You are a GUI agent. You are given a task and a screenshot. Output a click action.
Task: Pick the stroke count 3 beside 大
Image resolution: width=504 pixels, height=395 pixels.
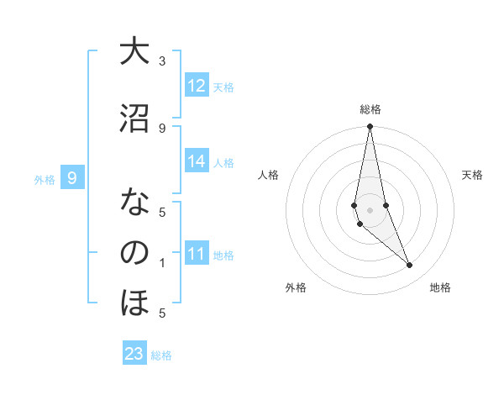(x=162, y=61)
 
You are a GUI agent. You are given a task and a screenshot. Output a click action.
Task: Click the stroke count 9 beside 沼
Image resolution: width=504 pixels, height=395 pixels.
(x=162, y=128)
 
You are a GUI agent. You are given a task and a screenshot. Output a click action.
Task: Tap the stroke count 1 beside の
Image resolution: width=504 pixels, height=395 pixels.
(x=162, y=263)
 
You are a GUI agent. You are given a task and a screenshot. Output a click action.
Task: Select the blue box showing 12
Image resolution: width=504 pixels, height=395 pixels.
(x=197, y=86)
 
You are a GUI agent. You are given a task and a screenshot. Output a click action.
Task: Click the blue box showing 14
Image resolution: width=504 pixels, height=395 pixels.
(x=197, y=161)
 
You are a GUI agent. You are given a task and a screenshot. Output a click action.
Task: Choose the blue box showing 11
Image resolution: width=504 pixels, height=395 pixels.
(x=197, y=254)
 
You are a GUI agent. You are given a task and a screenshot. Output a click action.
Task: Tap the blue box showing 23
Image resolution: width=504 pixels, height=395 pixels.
(x=134, y=354)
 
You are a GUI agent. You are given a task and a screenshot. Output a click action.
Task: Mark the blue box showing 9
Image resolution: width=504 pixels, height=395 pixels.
(x=72, y=178)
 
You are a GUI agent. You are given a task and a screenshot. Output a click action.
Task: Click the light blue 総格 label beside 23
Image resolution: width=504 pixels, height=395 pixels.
(x=161, y=355)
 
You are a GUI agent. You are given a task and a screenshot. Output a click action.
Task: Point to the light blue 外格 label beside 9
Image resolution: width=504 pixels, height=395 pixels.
(x=45, y=179)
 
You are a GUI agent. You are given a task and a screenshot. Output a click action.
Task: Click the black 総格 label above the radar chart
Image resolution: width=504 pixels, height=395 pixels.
(x=370, y=109)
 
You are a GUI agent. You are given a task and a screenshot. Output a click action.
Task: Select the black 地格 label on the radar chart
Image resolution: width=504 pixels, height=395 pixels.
(x=440, y=288)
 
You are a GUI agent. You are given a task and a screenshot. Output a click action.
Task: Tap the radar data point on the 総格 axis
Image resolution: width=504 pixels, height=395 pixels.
(x=370, y=127)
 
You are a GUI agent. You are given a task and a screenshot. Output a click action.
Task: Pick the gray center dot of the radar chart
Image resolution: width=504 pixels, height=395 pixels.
(x=370, y=209)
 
